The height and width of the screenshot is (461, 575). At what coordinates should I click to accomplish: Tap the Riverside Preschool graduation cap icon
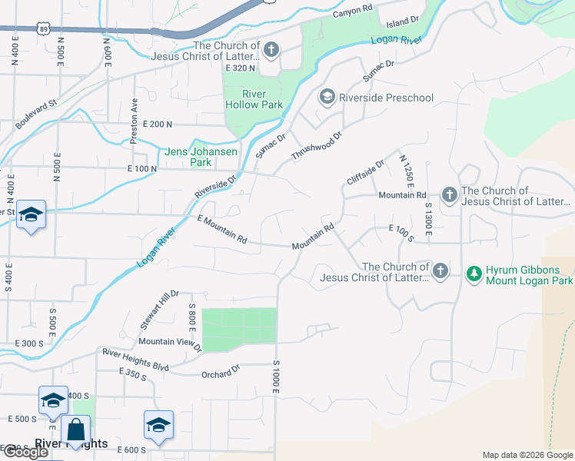point(327,98)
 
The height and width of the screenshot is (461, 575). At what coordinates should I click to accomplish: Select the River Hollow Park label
point(253,99)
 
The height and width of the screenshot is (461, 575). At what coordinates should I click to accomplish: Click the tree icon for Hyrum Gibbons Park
point(474,274)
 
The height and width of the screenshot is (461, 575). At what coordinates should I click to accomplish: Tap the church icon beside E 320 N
point(271,51)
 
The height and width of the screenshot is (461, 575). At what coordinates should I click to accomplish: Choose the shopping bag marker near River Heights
point(77,430)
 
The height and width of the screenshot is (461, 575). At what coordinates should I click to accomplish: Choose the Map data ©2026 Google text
point(527,455)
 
